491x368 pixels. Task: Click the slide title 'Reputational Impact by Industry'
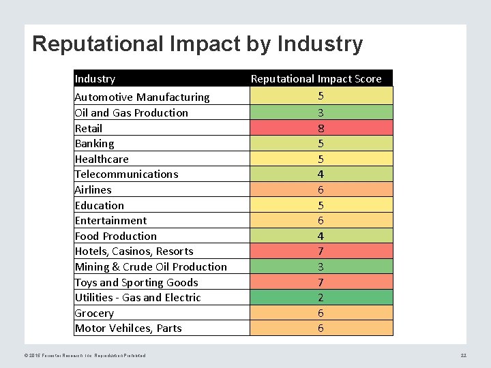click(197, 44)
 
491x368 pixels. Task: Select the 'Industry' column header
click(95, 79)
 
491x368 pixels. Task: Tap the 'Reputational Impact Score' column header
click(316, 79)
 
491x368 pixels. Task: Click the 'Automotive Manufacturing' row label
click(142, 97)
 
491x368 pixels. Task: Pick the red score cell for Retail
click(321, 128)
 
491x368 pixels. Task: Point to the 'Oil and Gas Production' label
click(131, 112)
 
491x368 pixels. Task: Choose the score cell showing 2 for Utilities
click(321, 297)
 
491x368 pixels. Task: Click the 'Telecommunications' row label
click(126, 174)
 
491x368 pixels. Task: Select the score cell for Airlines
click(321, 189)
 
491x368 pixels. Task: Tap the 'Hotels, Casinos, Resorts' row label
click(134, 251)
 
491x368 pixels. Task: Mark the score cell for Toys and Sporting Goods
click(321, 282)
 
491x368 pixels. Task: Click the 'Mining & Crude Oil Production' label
click(151, 267)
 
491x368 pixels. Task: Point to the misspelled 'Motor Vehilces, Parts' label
click(128, 328)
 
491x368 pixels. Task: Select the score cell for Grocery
click(321, 313)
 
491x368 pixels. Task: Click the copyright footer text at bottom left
click(85, 355)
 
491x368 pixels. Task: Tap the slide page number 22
click(463, 355)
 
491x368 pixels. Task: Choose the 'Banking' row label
click(94, 144)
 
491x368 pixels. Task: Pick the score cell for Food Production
click(321, 236)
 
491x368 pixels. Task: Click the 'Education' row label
click(100, 205)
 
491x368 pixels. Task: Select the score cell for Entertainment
click(321, 221)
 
